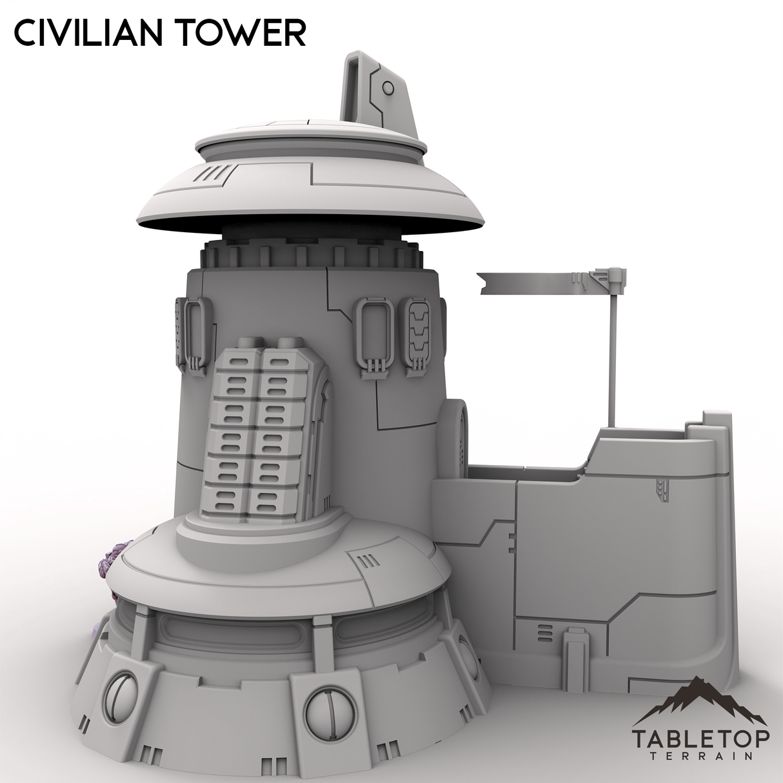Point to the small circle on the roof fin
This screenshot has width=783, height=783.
pos(388,88)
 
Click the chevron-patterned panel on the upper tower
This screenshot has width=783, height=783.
pos(419,336)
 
